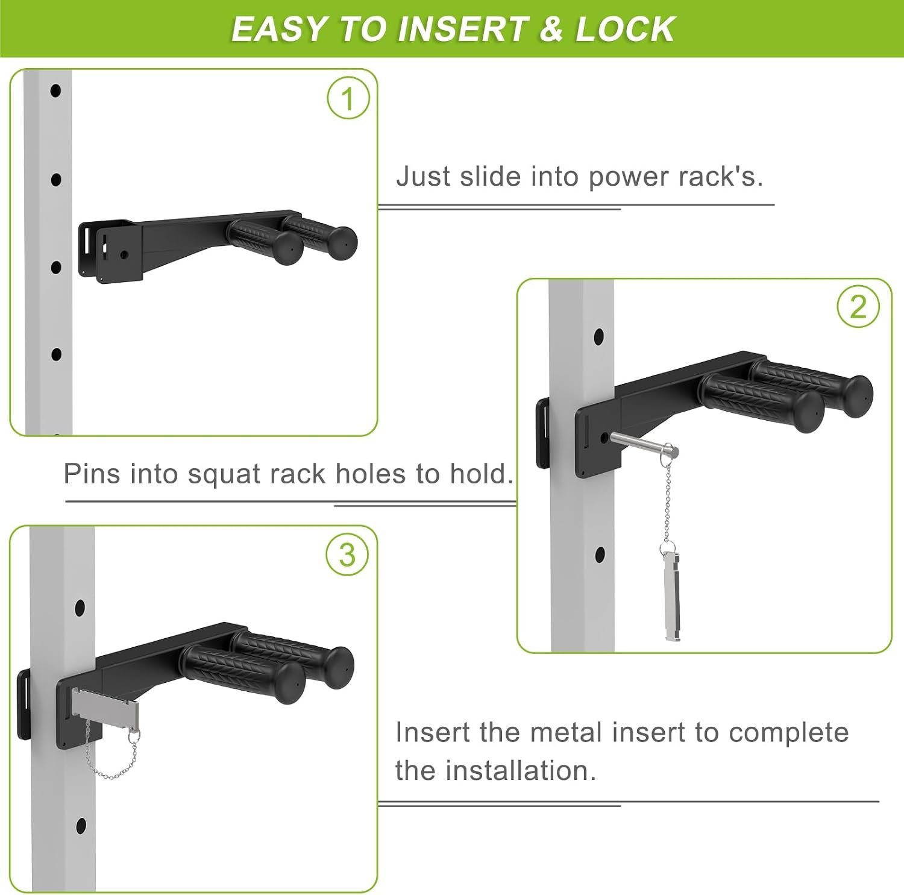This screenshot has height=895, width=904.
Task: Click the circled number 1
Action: (x=348, y=98)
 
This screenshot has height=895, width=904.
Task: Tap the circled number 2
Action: (x=858, y=307)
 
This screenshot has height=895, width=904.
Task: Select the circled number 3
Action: (x=347, y=554)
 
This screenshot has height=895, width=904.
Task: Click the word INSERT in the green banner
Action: (x=462, y=29)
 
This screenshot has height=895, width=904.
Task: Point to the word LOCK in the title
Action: (x=625, y=29)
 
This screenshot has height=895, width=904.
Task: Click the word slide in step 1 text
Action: (x=490, y=177)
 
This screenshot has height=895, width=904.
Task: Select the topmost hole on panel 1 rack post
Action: (x=55, y=91)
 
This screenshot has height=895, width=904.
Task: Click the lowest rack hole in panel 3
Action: (x=81, y=826)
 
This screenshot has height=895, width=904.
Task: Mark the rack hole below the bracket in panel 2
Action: (x=600, y=554)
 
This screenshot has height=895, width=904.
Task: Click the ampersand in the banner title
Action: (x=551, y=29)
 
